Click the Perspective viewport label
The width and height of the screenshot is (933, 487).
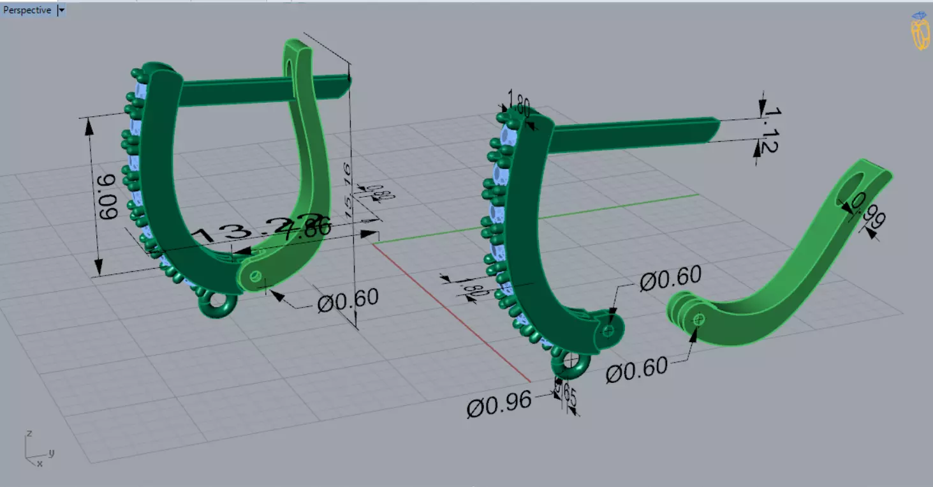pyautogui.click(x=27, y=10)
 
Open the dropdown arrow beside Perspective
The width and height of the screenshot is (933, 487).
pyautogui.click(x=61, y=10)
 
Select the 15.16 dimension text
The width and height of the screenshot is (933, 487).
pyautogui.click(x=347, y=188)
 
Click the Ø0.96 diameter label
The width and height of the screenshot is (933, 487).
pyautogui.click(x=499, y=404)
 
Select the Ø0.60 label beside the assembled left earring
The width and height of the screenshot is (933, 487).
pyautogui.click(x=348, y=299)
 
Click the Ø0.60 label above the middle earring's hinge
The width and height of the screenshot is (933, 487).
pyautogui.click(x=670, y=278)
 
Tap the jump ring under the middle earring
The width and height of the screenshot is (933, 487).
pyautogui.click(x=571, y=364)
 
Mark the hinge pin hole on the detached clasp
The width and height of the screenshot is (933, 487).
pyautogui.click(x=699, y=318)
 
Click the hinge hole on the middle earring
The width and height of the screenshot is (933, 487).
pyautogui.click(x=608, y=331)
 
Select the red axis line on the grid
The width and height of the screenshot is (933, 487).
pyautogui.click(x=446, y=313)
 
